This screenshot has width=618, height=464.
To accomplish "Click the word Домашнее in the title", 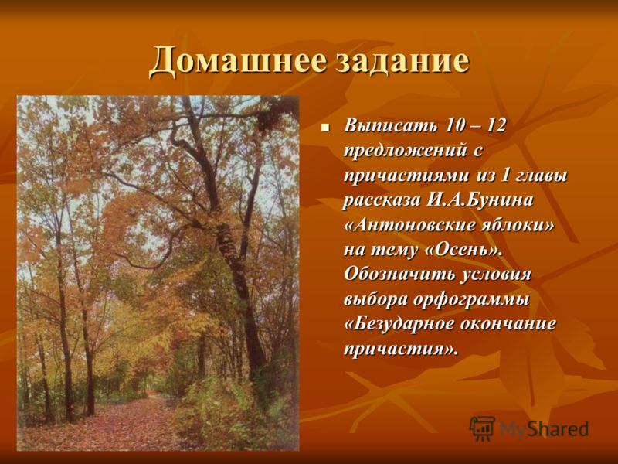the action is (238, 60).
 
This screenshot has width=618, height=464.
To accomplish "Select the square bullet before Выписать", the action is (325, 128).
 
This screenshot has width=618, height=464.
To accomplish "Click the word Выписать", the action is (391, 126).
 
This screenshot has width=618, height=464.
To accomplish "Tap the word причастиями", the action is (407, 176).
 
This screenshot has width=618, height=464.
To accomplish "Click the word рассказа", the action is (382, 200).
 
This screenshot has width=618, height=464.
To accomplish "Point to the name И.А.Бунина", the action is (479, 200).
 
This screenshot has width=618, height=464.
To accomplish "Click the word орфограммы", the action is (472, 300).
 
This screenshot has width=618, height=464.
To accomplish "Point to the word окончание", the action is (509, 324).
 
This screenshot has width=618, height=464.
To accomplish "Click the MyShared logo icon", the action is (482, 428).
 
